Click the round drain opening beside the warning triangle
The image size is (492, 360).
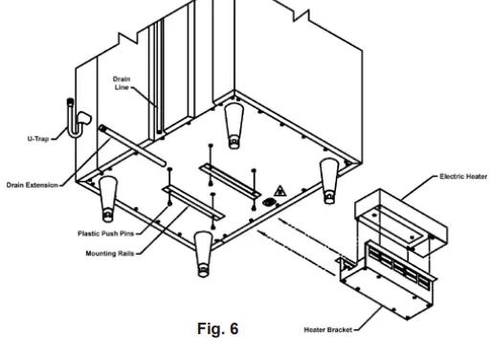tap(269, 202)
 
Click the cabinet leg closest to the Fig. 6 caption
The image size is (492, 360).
tap(203, 250)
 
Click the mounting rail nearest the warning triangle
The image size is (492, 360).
tap(228, 170)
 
